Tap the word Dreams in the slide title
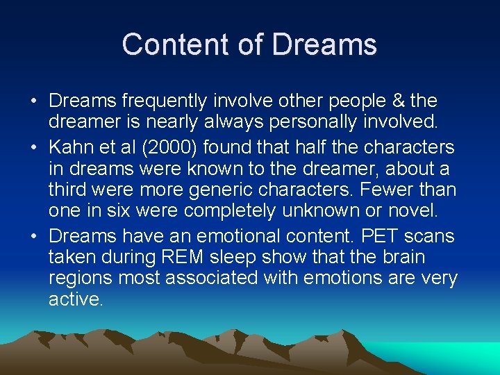click(x=324, y=44)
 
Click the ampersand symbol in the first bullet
click(x=397, y=101)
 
